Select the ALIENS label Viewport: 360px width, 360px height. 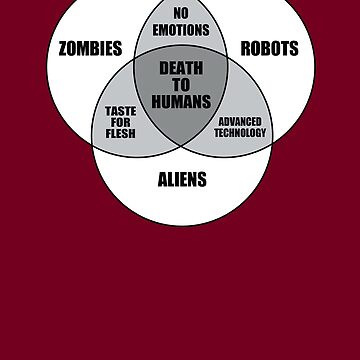pos(182,180)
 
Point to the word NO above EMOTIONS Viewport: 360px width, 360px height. pos(181,13)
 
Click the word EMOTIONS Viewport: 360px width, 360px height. pos(181,30)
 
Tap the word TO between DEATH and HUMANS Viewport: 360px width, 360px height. pos(181,84)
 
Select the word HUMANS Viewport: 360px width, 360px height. pos(181,100)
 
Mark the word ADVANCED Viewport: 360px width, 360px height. pos(239,122)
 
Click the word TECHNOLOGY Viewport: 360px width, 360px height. pos(239,133)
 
